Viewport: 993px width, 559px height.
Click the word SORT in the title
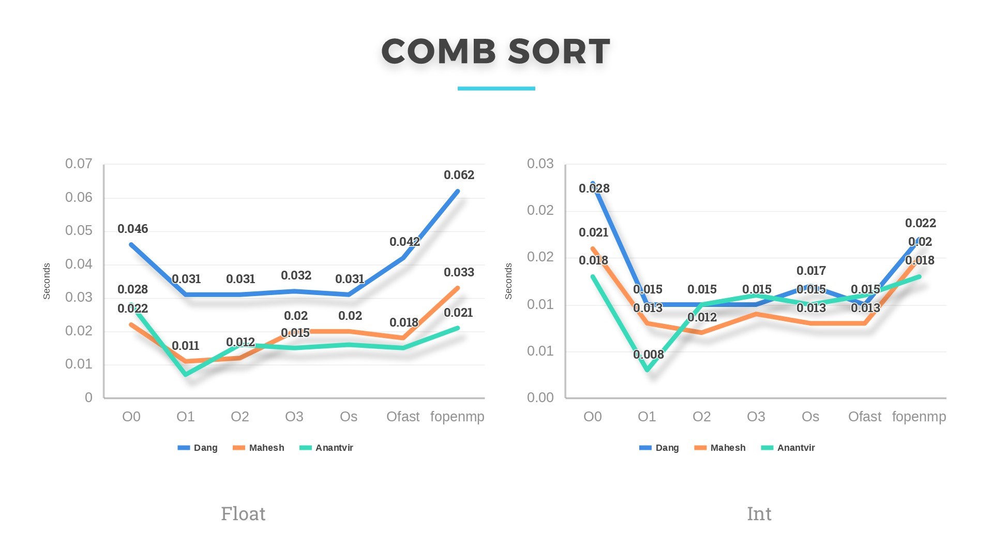[559, 52]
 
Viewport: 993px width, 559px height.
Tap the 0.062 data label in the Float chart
[459, 175]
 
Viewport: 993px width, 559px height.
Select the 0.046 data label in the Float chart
[132, 229]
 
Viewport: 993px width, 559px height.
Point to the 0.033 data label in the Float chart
[459, 272]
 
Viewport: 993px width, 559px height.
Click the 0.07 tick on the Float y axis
[79, 164]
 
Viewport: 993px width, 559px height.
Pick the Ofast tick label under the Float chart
[403, 417]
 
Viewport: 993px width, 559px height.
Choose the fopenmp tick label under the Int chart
[919, 417]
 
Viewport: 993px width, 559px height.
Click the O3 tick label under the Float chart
[294, 417]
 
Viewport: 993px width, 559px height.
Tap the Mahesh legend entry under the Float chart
[266, 448]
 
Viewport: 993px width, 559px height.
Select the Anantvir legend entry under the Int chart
[795, 448]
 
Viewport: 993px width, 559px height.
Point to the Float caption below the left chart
[243, 513]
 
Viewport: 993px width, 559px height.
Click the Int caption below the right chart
[759, 513]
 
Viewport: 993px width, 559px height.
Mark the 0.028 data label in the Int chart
[594, 188]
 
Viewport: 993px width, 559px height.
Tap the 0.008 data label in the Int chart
[648, 355]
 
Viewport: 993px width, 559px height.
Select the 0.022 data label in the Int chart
[920, 223]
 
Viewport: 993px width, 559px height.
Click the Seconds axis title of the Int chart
[508, 281]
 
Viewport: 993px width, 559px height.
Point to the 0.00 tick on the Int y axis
[540, 398]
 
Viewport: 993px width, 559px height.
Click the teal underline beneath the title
[496, 89]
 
